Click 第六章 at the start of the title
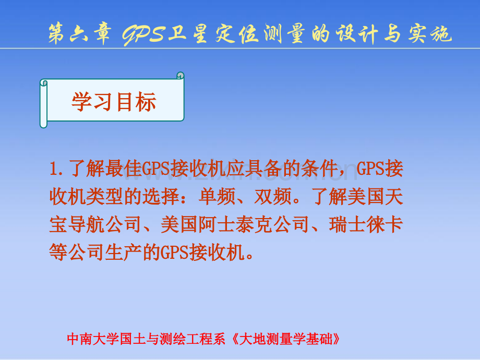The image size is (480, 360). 79,34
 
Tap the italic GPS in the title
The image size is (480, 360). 143,34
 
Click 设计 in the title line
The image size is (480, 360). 356,34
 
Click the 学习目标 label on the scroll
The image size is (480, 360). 114,101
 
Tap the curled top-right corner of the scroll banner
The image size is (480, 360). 181,75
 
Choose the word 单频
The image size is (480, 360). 217,197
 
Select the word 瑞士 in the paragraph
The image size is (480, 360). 347,225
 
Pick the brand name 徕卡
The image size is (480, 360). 385,225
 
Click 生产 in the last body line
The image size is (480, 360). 123,253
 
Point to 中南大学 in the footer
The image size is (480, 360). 93,339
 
